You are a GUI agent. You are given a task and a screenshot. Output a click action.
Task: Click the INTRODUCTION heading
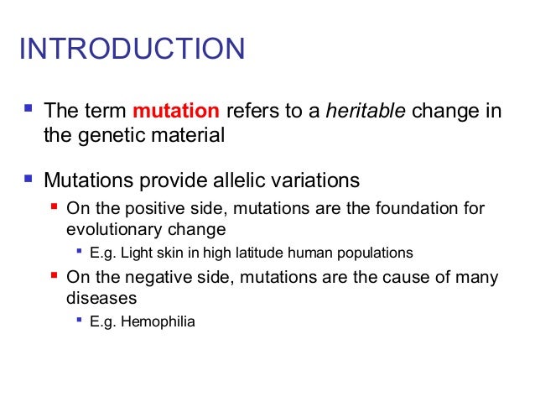pos(132,49)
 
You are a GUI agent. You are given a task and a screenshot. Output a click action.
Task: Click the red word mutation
pos(176,111)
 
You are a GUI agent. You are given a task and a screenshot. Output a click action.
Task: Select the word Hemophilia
pos(159,320)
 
